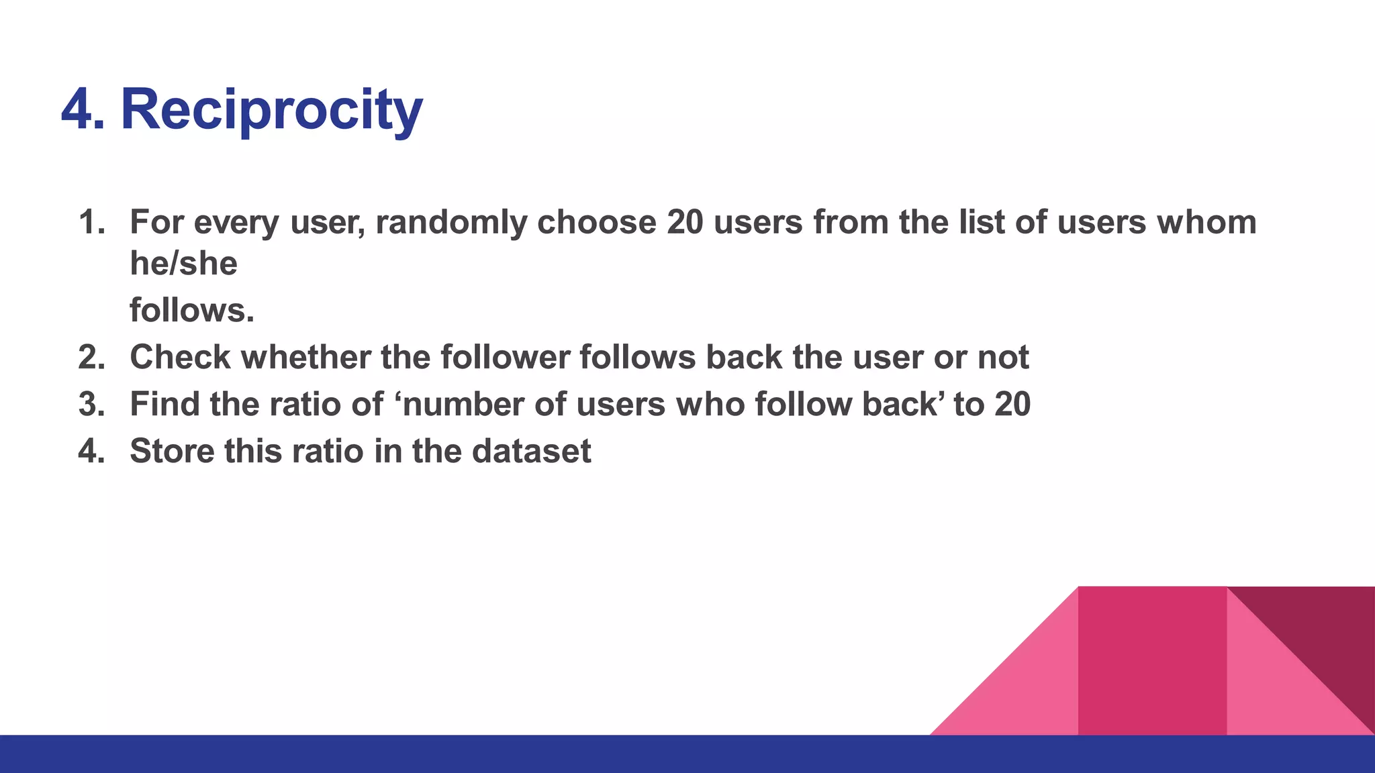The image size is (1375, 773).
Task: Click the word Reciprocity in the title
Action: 271,109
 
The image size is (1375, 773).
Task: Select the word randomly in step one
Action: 451,222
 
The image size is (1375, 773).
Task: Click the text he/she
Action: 183,263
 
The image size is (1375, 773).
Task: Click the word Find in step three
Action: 164,404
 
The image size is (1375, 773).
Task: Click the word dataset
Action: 531,451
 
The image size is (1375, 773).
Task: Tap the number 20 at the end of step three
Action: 1012,404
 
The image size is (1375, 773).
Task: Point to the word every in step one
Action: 236,222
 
